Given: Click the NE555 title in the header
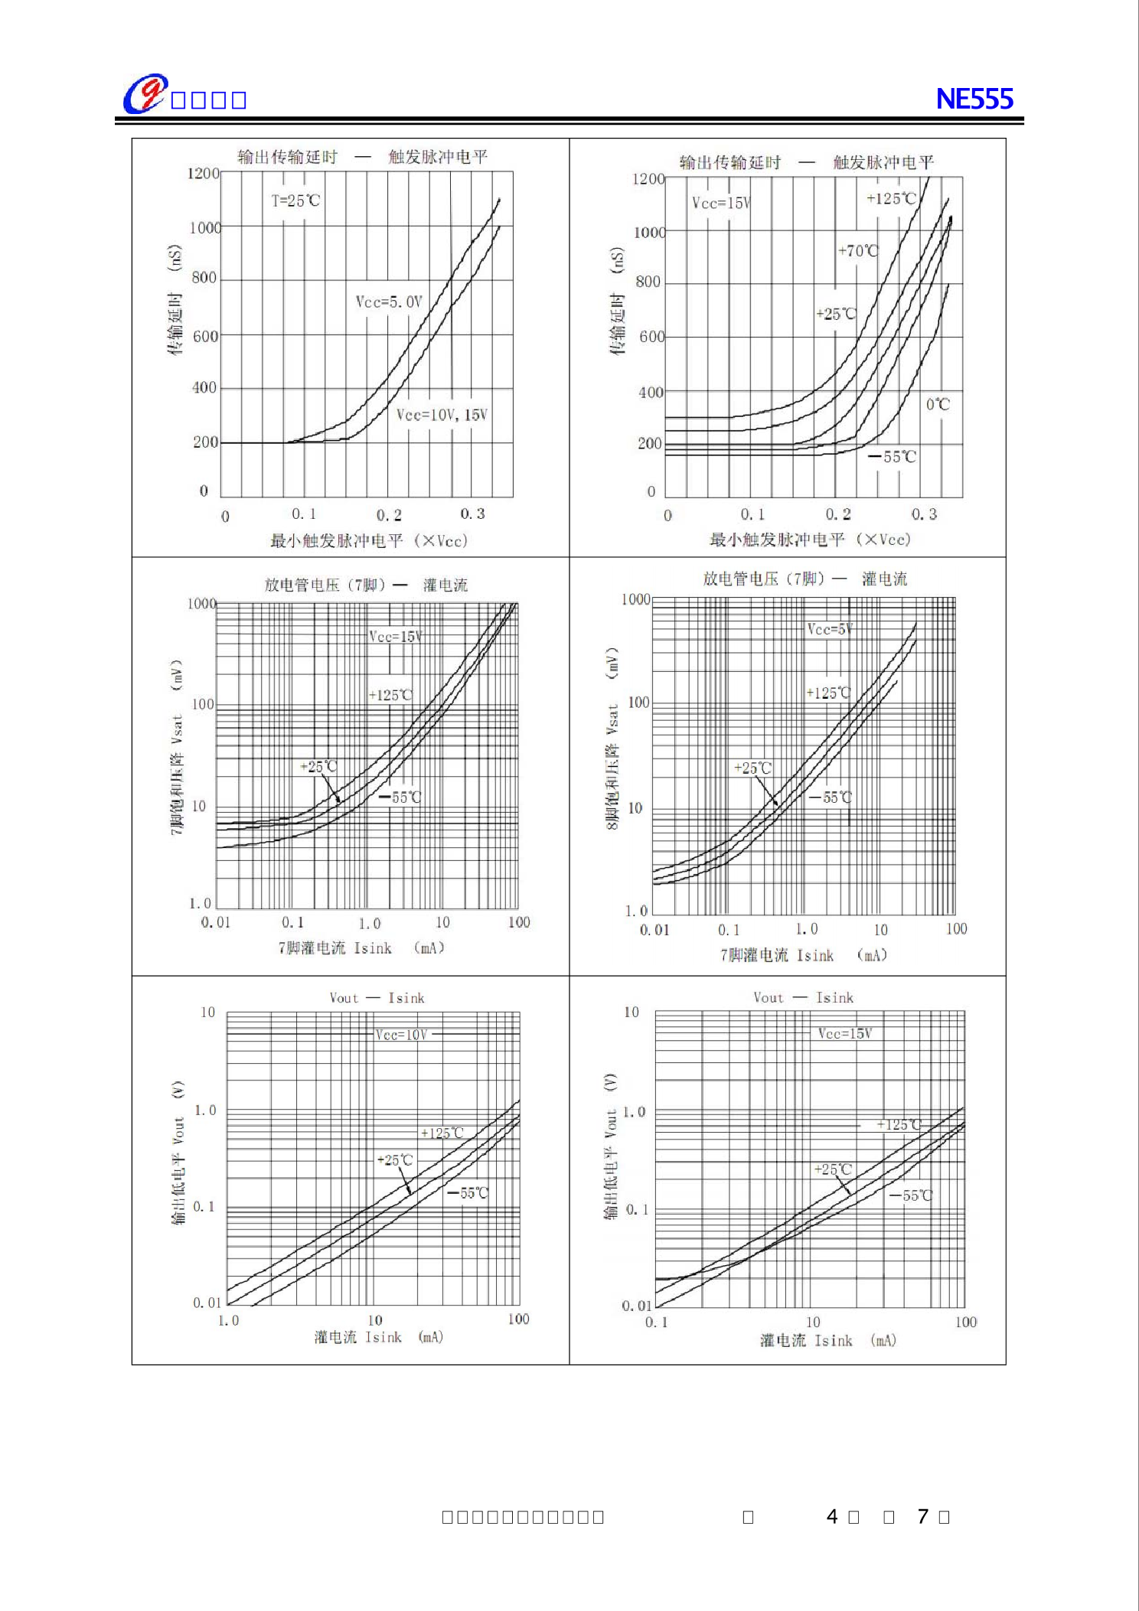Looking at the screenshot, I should (x=974, y=99).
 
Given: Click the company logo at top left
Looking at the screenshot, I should (x=145, y=94).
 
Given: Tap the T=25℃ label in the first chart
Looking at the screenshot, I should (x=295, y=201).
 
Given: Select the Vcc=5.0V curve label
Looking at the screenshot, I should (x=389, y=302).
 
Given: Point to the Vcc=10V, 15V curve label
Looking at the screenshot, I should (x=442, y=415).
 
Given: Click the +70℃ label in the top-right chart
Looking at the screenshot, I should (x=858, y=250).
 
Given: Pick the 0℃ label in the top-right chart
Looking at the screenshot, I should (x=938, y=404).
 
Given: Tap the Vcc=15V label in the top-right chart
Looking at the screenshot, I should (x=721, y=203).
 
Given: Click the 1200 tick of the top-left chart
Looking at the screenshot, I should (x=204, y=174).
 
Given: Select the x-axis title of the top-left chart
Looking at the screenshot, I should (x=368, y=541).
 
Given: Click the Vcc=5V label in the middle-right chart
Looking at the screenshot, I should (x=830, y=629).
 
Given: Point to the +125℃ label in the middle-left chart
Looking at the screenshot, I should (x=390, y=695).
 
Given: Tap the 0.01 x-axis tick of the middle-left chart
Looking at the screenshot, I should (x=215, y=922).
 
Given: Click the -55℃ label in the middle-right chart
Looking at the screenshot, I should (x=831, y=797).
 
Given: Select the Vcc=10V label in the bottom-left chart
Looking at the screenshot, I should (x=401, y=1035).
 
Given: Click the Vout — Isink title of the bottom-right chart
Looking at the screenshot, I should (x=803, y=997).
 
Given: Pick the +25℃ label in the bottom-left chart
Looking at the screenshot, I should (x=395, y=1160).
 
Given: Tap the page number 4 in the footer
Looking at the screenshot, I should (x=832, y=1516).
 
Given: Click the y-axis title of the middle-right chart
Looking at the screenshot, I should (x=612, y=739).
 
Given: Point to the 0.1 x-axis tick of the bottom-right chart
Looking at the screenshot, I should (x=656, y=1322).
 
